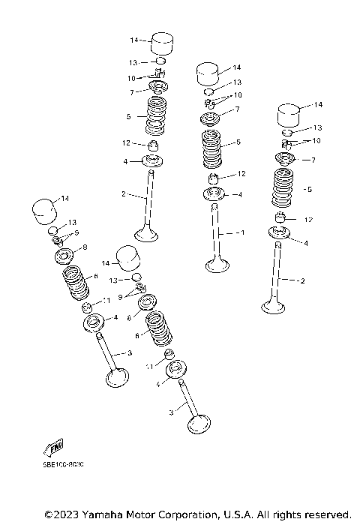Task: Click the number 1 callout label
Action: coord(241,233)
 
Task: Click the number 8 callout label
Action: coord(84,247)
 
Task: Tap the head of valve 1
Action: coord(217,265)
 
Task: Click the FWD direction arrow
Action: coord(53,448)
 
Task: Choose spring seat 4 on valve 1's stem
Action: coord(215,194)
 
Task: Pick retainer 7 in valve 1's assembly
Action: coord(211,119)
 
